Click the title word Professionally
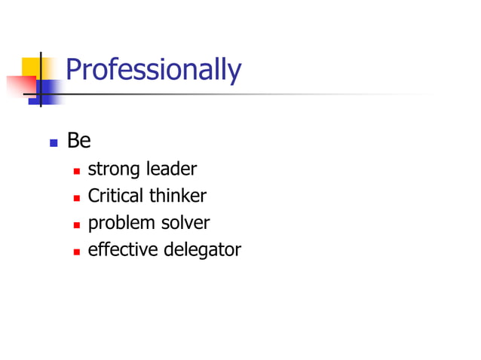(153, 70)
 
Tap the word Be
(78, 141)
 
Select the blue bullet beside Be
(53, 142)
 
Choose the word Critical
(116, 197)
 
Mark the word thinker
(177, 197)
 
